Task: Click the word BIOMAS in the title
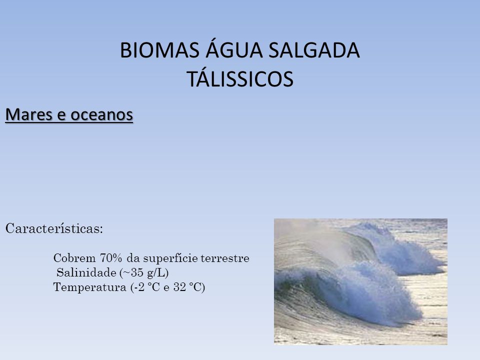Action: (x=159, y=50)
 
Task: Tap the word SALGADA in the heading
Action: (x=314, y=50)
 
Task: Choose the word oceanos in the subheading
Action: (x=101, y=115)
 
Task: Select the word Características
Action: (x=54, y=228)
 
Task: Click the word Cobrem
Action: (x=74, y=258)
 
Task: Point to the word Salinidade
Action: (x=86, y=272)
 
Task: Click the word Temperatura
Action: (x=89, y=287)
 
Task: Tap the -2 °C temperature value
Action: (x=146, y=287)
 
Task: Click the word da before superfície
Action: (x=133, y=258)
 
